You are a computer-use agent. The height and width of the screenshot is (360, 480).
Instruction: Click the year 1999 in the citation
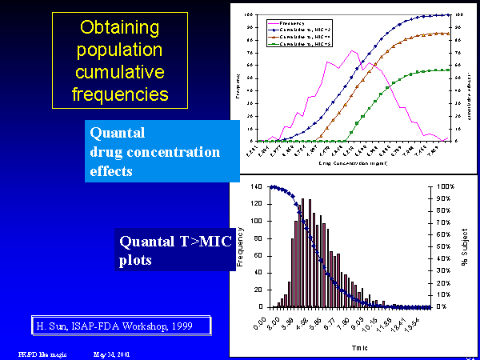(x=189, y=326)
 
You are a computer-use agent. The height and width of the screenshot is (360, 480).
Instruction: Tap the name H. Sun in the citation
(x=53, y=326)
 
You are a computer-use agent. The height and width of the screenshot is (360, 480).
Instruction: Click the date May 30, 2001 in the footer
(x=111, y=353)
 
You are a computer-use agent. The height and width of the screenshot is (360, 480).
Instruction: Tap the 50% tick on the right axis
(x=445, y=246)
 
